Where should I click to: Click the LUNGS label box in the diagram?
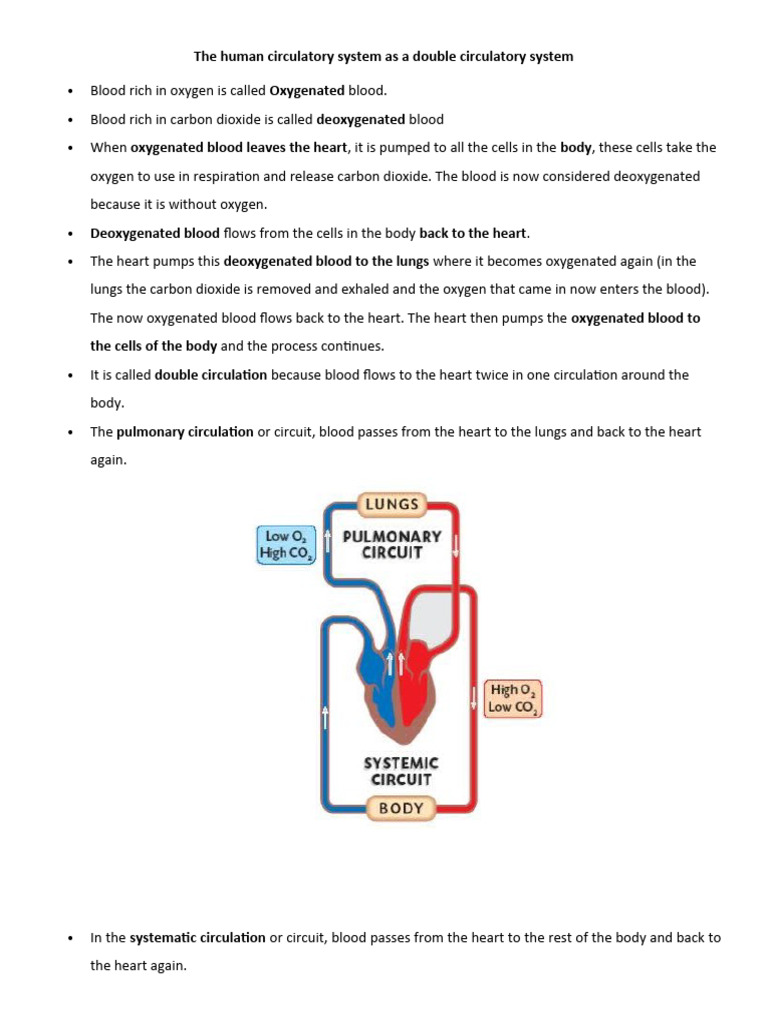(x=392, y=504)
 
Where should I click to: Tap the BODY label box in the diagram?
(x=400, y=808)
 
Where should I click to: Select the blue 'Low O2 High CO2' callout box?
(x=285, y=544)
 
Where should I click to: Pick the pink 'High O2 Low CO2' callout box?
(x=513, y=698)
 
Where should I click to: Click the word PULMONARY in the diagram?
(x=392, y=536)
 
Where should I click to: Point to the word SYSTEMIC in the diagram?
(x=400, y=762)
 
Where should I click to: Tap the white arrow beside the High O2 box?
(x=474, y=695)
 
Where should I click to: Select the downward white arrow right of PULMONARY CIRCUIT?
(x=457, y=546)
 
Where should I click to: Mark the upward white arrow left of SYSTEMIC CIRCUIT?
(x=326, y=715)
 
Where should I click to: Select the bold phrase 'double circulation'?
(x=211, y=375)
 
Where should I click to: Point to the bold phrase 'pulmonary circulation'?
(x=185, y=432)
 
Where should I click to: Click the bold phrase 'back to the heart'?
(x=473, y=233)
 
